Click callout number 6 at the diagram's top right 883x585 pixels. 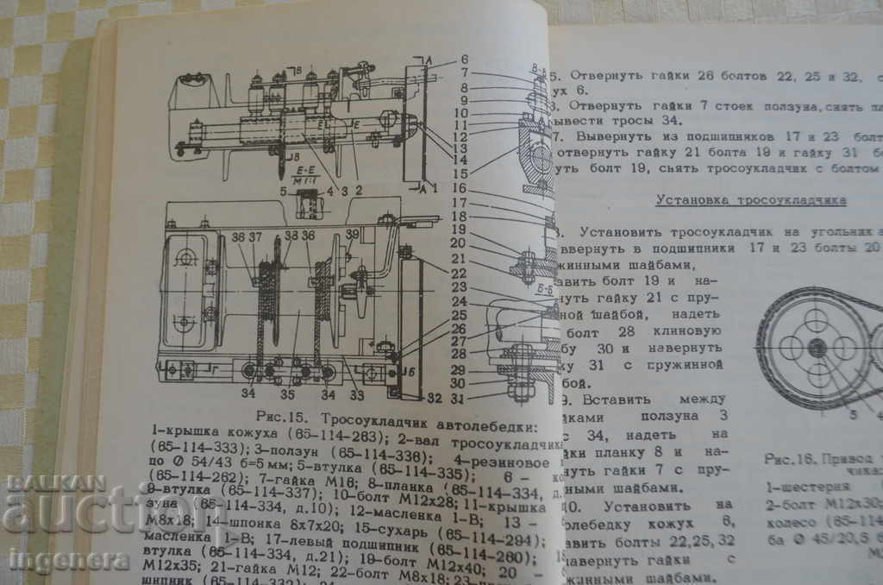coord(464,60)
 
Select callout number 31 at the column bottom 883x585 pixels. coord(458,398)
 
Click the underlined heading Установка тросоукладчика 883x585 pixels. coord(750,200)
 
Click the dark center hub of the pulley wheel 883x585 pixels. coord(817,348)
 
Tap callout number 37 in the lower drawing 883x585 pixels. coord(256,236)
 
